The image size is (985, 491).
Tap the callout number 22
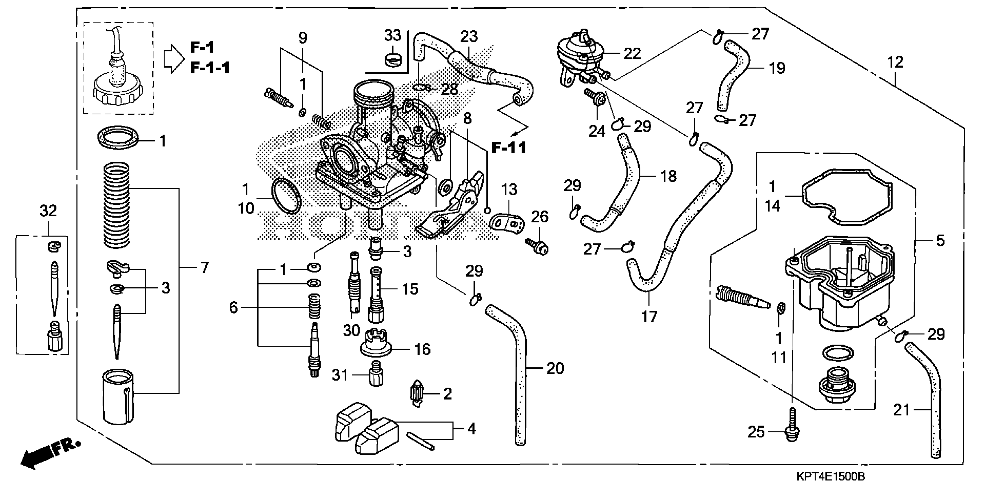click(632, 53)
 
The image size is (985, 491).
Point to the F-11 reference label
click(509, 148)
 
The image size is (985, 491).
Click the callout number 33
click(393, 35)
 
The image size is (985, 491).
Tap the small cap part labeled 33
click(393, 59)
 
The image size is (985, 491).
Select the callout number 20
click(555, 368)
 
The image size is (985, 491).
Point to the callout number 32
click(48, 210)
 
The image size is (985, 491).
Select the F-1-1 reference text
click(210, 68)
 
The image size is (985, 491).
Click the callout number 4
click(472, 429)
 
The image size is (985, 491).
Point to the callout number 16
click(422, 349)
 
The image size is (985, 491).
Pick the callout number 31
click(340, 375)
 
